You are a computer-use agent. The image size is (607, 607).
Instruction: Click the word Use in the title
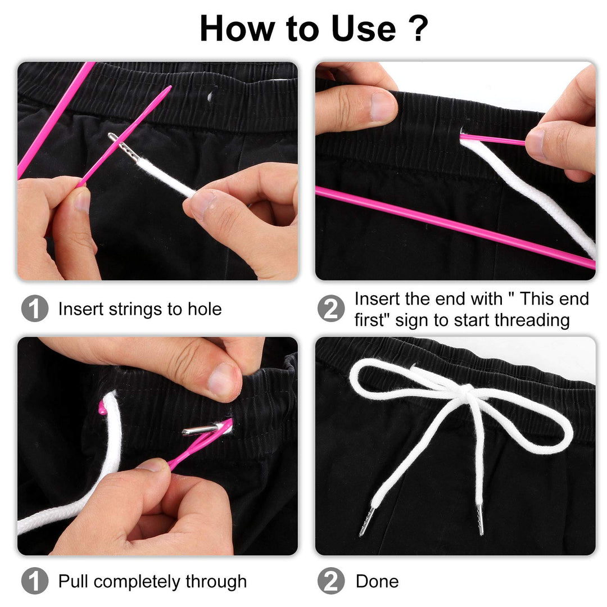point(361,28)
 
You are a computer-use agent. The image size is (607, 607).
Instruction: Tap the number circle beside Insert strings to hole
point(34,309)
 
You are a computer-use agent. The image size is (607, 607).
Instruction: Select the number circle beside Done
point(330,581)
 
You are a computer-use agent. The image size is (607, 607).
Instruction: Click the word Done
point(377,581)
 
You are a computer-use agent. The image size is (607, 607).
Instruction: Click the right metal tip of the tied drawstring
point(481,519)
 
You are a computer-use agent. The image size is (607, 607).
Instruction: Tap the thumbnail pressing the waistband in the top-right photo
point(382,105)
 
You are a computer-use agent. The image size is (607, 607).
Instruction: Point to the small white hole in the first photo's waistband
point(209,96)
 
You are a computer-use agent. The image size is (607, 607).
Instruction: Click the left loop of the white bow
point(388,380)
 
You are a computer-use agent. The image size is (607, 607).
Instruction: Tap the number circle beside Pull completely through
point(34,581)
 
